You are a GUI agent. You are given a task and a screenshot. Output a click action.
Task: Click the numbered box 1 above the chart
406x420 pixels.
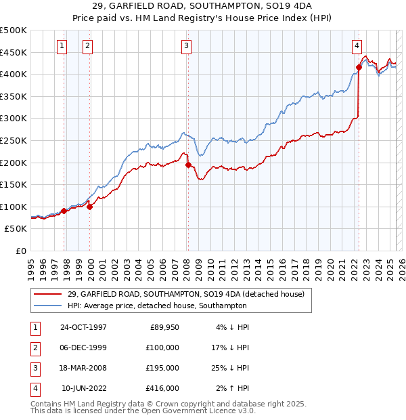(62, 46)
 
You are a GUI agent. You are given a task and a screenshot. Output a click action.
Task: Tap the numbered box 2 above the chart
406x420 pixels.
(88, 46)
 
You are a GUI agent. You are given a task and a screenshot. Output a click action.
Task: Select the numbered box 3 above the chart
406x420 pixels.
(186, 46)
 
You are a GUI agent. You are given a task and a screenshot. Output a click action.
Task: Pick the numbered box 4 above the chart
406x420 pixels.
(356, 46)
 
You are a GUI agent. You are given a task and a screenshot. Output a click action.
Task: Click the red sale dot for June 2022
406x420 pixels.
(359, 66)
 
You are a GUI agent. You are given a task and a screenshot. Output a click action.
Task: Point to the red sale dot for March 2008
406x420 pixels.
(188, 164)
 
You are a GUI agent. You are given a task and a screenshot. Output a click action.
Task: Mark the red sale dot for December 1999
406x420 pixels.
(90, 207)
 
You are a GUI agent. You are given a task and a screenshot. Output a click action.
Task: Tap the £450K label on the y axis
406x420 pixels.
(14, 52)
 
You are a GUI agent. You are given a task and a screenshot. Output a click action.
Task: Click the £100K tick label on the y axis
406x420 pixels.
(14, 207)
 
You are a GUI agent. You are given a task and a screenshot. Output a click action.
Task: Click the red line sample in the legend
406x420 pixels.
(47, 294)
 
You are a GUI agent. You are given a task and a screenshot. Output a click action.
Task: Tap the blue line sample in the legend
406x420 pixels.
(47, 306)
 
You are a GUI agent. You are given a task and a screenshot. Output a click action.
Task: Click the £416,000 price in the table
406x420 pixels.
(162, 388)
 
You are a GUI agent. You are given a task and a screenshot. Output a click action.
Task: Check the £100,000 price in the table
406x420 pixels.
(162, 348)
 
